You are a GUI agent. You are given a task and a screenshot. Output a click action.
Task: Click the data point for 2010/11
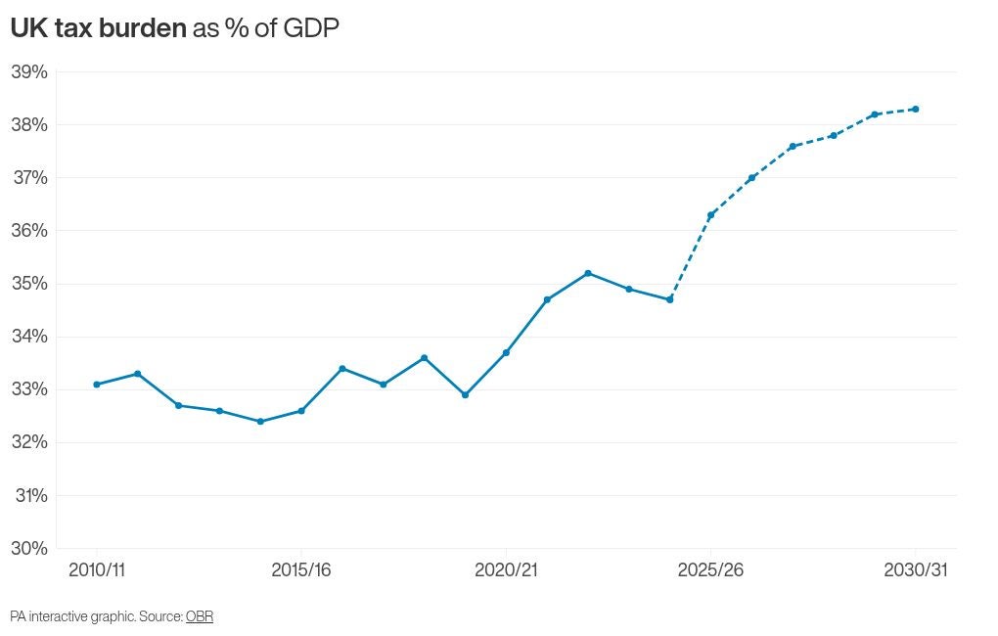click(96, 385)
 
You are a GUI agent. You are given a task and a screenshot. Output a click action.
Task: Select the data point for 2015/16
click(301, 411)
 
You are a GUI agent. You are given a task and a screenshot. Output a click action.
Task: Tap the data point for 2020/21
click(506, 352)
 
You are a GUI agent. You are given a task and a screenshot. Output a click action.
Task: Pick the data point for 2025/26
click(711, 215)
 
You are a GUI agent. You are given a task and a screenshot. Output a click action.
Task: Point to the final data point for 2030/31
click(916, 109)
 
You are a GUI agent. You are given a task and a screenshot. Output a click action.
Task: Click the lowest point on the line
click(260, 422)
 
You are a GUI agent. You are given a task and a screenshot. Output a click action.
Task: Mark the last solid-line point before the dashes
click(670, 299)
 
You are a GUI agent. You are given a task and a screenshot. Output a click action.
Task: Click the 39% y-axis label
click(29, 72)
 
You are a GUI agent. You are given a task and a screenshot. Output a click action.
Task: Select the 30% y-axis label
click(29, 548)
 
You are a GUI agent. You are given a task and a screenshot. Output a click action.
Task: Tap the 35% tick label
click(29, 284)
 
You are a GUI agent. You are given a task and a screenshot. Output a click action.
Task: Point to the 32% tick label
click(29, 442)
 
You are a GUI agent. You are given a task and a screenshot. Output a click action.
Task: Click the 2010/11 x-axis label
click(97, 570)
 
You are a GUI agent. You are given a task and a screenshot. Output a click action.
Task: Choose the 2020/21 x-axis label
click(506, 570)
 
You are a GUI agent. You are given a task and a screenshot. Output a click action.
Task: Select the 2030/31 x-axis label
click(916, 570)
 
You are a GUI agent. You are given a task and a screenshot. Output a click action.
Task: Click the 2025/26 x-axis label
click(710, 570)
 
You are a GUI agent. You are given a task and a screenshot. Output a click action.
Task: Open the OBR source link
click(200, 616)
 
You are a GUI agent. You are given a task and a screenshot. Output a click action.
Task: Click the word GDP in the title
click(311, 29)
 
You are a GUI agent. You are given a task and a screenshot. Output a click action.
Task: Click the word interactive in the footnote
click(63, 616)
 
